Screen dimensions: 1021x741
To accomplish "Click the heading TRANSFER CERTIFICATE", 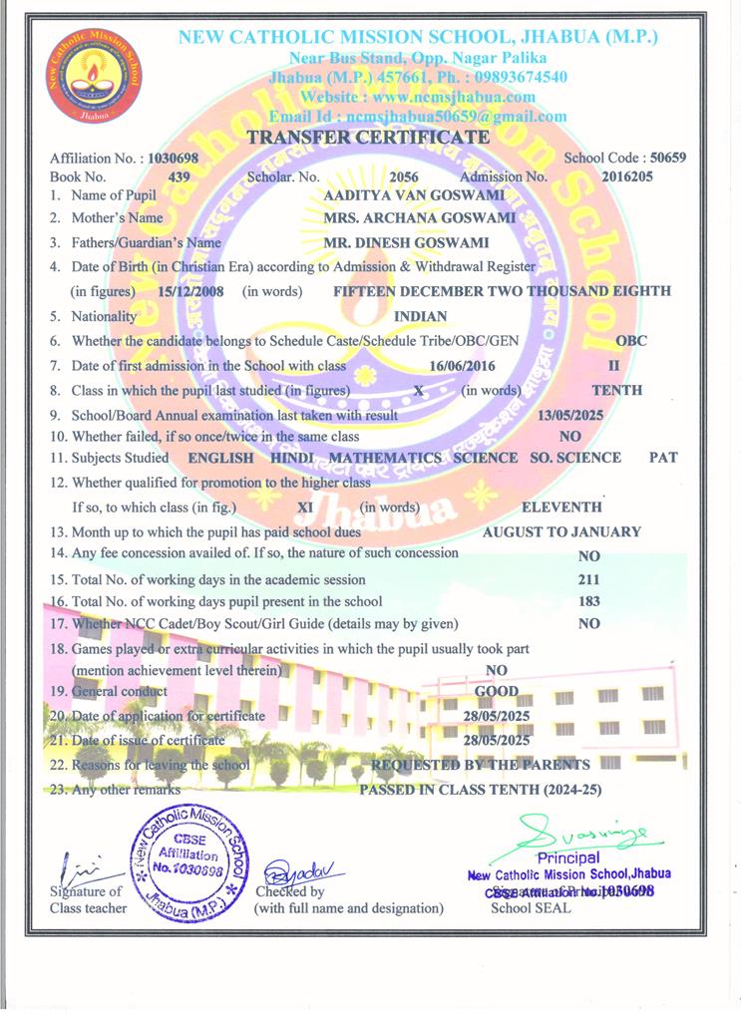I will click(368, 138).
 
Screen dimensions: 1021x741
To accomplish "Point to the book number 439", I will click(180, 176).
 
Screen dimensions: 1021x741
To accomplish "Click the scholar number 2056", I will click(403, 176).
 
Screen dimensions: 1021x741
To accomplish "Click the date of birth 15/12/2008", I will click(191, 291).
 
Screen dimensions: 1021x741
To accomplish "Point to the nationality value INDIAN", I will click(421, 316).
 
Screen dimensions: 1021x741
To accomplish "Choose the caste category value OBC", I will click(630, 341).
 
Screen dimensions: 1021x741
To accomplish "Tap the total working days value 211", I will click(588, 579).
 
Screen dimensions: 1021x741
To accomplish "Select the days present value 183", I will click(588, 601).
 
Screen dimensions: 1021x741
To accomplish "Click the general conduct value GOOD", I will click(497, 691).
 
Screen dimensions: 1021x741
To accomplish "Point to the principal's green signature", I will click(581, 830).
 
